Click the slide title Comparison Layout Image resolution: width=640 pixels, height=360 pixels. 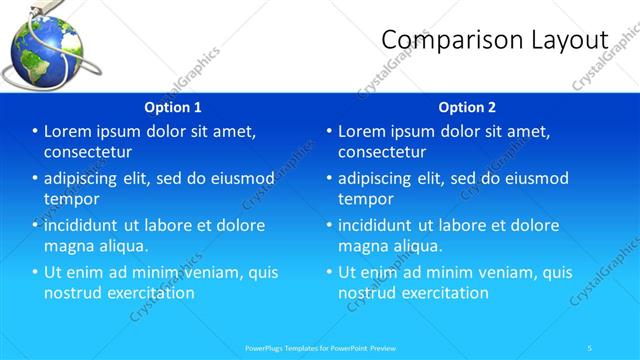[x=495, y=39]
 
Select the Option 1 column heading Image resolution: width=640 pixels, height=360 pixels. [x=173, y=107]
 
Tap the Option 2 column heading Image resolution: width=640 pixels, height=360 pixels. [x=467, y=107]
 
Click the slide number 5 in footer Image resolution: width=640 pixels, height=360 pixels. [x=589, y=347]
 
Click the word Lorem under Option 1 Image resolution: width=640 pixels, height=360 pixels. [x=70, y=131]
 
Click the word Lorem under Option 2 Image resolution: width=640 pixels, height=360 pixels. [x=364, y=131]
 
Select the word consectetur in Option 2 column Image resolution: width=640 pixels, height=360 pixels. [x=382, y=152]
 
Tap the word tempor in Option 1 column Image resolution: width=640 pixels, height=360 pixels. [x=71, y=199]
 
